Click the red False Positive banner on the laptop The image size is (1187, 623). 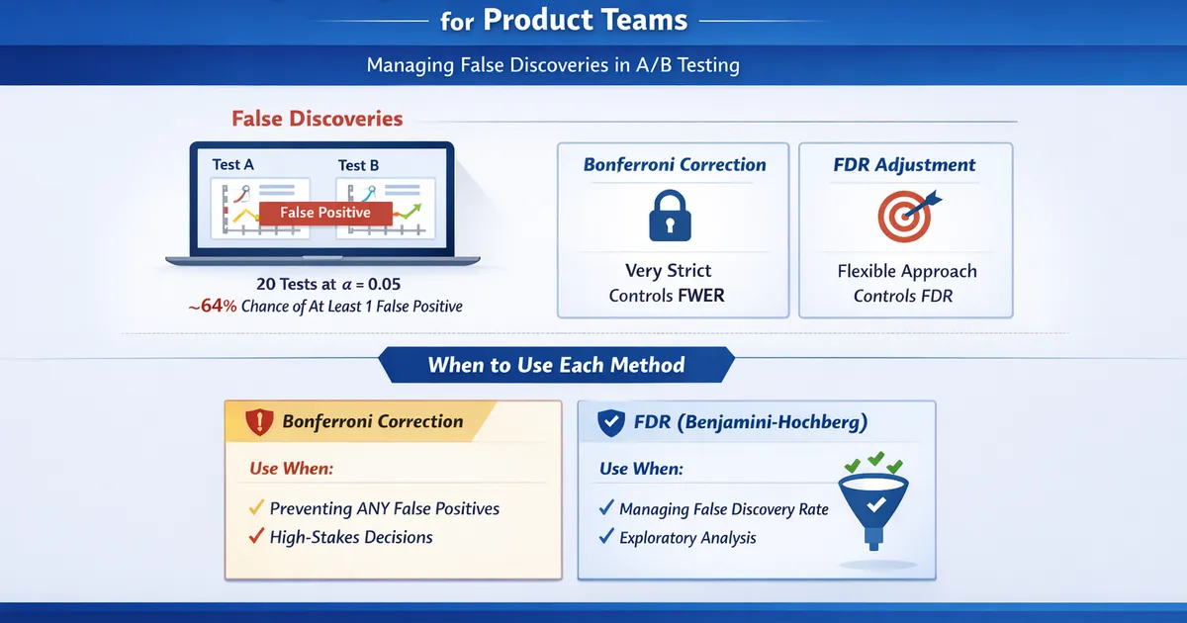tap(325, 213)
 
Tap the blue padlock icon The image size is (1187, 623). tap(675, 217)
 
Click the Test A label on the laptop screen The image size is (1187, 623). tap(232, 164)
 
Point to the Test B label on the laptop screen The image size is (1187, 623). tap(358, 165)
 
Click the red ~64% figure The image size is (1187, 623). tap(213, 307)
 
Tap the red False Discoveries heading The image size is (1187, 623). tap(317, 119)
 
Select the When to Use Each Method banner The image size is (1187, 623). tap(556, 365)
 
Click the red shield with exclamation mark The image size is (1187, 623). tap(259, 422)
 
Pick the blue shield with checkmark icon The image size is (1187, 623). tap(610, 424)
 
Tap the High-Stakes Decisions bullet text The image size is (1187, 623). tap(351, 538)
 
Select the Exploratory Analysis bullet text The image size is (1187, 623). tap(687, 538)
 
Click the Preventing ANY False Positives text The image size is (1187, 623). tap(385, 508)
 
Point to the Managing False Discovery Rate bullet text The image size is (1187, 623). tap(723, 509)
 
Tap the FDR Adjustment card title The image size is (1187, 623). tap(904, 165)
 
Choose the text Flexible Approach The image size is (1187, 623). tap(907, 271)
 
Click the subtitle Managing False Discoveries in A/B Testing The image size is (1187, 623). tap(553, 66)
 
